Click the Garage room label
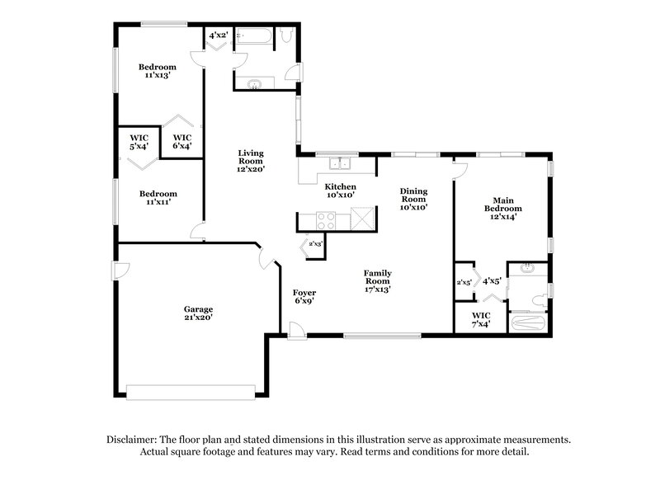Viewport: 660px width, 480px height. [198, 314]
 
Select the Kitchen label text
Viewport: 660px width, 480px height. [340, 191]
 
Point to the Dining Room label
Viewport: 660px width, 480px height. [412, 199]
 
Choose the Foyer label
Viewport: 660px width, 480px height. [304, 296]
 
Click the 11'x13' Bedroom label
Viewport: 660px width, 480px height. [157, 71]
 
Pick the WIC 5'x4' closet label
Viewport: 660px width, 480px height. [139, 142]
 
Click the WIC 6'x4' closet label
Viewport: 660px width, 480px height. [181, 142]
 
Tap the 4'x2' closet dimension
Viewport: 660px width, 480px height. [219, 35]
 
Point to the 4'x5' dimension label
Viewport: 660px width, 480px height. [492, 281]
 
